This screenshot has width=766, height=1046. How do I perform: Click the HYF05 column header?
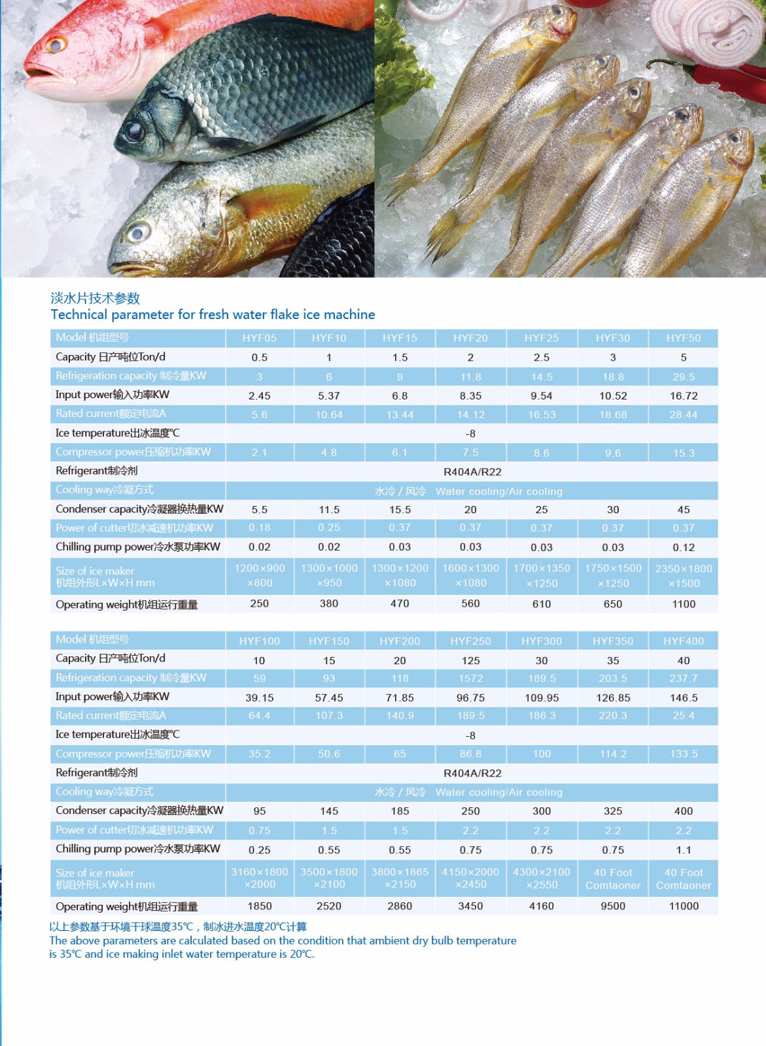(259, 338)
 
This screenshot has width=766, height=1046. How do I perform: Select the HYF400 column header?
(683, 641)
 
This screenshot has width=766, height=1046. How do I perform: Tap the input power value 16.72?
(683, 396)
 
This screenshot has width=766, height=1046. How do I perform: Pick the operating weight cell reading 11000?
(683, 906)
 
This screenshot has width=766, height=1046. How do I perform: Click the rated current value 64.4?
(259, 716)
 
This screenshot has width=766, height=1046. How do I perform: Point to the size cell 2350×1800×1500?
(683, 576)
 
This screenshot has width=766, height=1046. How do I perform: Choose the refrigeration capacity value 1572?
(470, 679)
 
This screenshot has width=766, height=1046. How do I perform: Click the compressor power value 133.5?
(683, 754)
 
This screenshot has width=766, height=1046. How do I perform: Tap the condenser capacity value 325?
(612, 811)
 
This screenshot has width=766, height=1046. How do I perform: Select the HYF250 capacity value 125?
(470, 661)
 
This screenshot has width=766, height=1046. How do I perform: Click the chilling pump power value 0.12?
(683, 547)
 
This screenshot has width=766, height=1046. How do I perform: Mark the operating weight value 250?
(259, 603)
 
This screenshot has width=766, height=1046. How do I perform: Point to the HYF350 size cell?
(612, 879)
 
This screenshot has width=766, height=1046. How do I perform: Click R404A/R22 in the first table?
(472, 472)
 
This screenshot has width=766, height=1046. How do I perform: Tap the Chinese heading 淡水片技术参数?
(96, 298)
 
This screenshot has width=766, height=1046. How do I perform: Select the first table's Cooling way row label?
(105, 490)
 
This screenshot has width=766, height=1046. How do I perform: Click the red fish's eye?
(55, 45)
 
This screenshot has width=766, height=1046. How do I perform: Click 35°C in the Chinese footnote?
(183, 926)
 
